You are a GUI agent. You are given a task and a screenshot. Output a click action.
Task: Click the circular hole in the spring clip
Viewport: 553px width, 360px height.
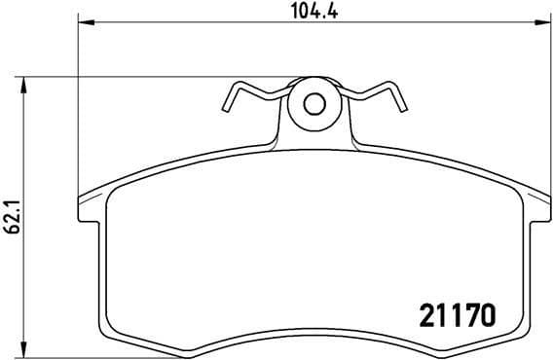(313, 103)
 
